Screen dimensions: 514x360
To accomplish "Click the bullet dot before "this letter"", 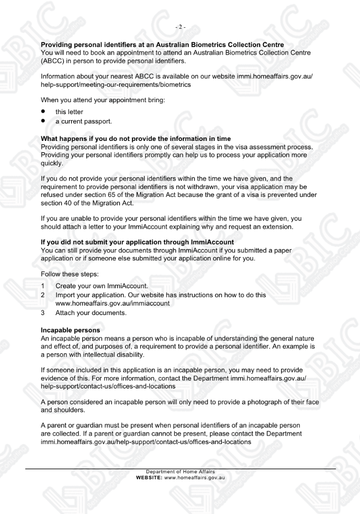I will click(x=44, y=112).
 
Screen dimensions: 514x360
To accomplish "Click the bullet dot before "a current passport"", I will click(x=44, y=121).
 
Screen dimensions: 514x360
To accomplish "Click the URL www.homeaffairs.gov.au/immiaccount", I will click(x=113, y=304).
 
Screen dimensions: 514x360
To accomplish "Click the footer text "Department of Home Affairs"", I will click(x=180, y=471).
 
